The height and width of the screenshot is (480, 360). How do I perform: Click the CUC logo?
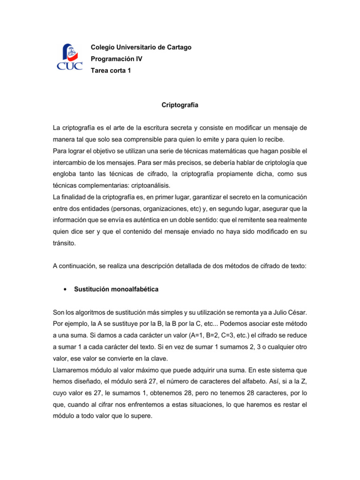coord(69,57)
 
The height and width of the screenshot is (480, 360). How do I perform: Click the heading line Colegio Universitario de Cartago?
coord(141,47)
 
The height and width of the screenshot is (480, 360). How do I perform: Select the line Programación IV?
coord(116,59)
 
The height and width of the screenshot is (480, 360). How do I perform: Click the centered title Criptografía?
coord(180,105)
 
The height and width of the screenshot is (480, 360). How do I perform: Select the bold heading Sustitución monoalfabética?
coord(116,290)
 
